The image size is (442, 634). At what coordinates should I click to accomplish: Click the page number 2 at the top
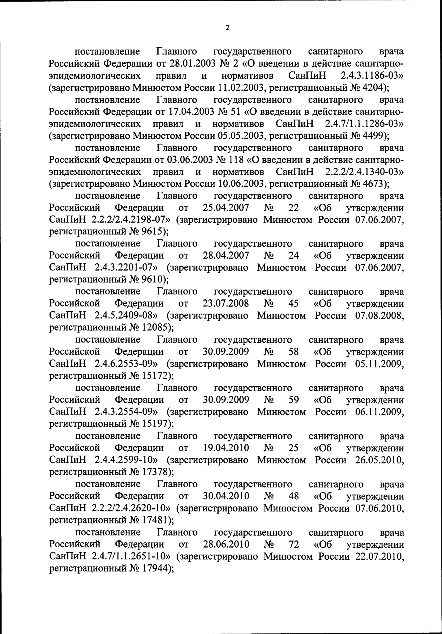pos(227,28)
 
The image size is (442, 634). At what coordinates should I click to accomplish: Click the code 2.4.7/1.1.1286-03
pos(362,124)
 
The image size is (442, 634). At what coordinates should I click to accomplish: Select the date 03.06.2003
pos(189,160)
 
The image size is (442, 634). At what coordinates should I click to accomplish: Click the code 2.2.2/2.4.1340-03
pos(362,172)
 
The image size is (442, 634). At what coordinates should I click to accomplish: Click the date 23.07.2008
pos(226,304)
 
